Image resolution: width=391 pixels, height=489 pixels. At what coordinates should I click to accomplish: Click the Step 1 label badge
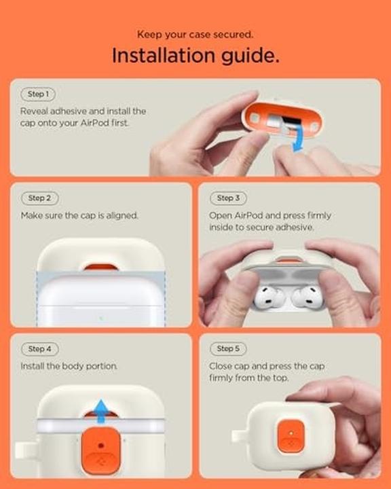pos(37,94)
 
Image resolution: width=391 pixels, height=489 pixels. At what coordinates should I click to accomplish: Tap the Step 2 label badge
pos(39,198)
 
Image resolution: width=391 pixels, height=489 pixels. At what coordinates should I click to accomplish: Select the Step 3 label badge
pos(227,198)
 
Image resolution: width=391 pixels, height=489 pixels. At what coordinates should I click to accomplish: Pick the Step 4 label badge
pos(39,348)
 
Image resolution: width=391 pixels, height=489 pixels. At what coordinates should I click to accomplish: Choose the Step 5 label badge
pos(227,348)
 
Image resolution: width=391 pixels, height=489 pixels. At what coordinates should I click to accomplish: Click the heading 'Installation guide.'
pos(195,56)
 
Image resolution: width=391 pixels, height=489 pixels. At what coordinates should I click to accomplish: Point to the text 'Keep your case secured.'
pos(195,34)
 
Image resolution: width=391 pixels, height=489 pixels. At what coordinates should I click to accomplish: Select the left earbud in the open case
pos(268,297)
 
